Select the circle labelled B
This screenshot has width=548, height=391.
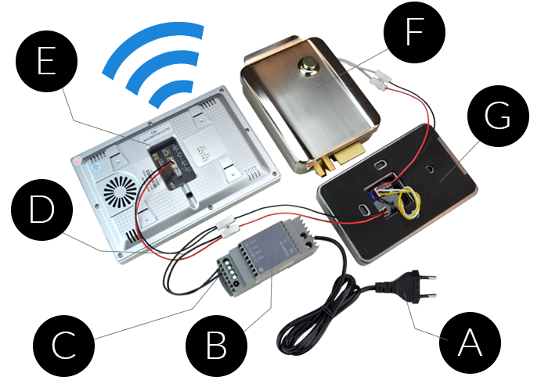217,342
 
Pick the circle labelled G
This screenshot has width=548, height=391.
497,117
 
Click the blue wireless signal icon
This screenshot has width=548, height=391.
157,66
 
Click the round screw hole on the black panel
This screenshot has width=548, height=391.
431,168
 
